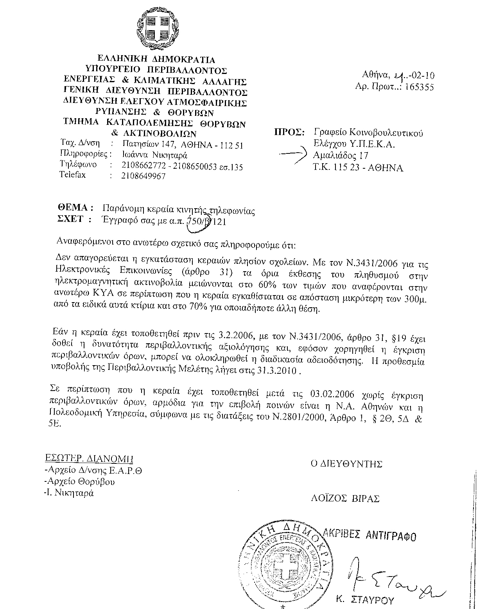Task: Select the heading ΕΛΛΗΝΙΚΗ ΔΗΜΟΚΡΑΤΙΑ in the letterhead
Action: click(x=156, y=60)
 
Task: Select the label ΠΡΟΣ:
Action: click(x=287, y=133)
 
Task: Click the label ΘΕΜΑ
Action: click(x=75, y=208)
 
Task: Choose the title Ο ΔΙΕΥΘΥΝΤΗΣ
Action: click(x=346, y=464)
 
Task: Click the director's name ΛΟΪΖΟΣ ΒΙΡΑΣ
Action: click(x=345, y=498)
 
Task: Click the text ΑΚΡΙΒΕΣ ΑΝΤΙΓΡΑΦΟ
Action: click(x=371, y=535)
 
